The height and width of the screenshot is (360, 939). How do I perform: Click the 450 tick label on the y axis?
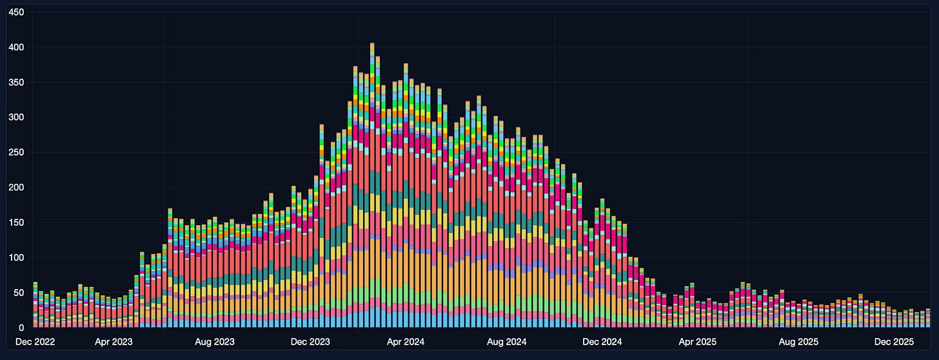click(16, 12)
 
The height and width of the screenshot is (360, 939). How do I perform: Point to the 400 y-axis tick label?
click(16, 47)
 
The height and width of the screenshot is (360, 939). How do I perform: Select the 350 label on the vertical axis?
click(16, 82)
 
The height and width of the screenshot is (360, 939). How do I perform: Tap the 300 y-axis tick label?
click(16, 117)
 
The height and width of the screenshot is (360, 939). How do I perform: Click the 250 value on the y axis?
click(16, 152)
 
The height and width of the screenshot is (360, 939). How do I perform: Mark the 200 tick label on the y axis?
click(16, 187)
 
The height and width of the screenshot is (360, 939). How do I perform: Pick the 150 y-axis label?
click(16, 223)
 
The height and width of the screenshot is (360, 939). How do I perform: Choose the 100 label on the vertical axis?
click(16, 257)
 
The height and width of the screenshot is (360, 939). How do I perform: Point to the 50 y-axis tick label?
click(19, 292)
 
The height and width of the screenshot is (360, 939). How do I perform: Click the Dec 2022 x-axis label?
click(35, 341)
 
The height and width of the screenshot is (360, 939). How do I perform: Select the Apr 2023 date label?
click(114, 341)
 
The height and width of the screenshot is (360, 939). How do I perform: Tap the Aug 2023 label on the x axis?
click(215, 341)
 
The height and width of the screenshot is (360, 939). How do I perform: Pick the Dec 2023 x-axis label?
click(310, 341)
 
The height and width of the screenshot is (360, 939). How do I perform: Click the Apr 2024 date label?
click(406, 341)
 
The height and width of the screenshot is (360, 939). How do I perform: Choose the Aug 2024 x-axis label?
click(506, 341)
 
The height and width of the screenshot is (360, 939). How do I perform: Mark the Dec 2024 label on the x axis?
click(602, 341)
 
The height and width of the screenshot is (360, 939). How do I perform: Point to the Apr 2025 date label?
click(698, 341)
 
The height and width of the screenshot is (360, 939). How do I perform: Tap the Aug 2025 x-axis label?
click(798, 341)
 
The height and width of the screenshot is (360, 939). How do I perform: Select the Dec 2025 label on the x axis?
click(894, 341)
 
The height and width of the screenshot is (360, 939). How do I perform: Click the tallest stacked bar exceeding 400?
click(372, 185)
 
